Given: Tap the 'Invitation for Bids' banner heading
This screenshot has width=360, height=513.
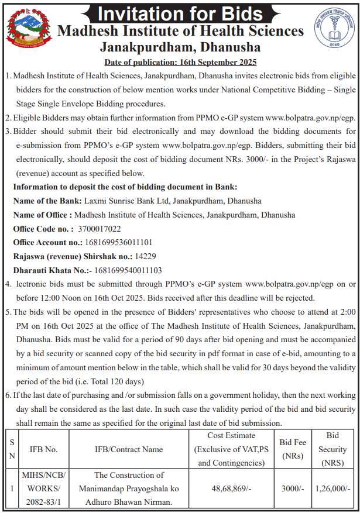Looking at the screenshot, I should point(180,12).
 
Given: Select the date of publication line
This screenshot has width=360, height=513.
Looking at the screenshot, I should point(180,62).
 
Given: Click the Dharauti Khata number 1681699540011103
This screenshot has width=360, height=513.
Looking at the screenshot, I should point(128,270).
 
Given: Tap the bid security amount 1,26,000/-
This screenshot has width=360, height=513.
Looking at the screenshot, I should point(332,487).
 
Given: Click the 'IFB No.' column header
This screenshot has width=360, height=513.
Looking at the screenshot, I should point(44,449).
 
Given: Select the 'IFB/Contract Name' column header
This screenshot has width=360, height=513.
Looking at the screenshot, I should point(129,449).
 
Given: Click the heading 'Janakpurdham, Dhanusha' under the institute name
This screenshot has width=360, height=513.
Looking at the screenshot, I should point(180,47).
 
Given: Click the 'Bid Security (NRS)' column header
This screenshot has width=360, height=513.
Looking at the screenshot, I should point(332,449).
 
